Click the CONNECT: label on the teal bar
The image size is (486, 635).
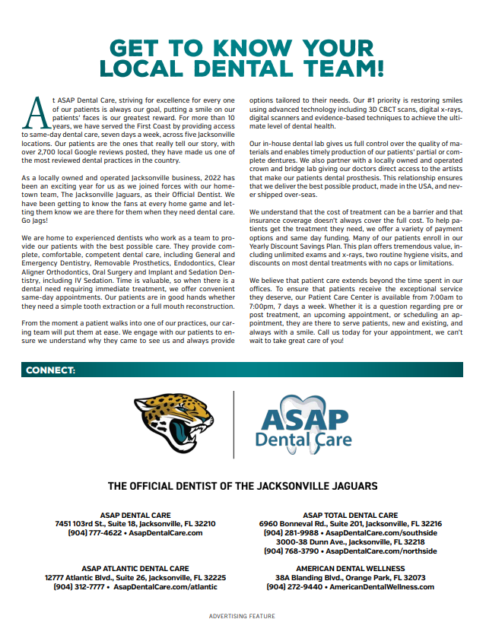click(50, 370)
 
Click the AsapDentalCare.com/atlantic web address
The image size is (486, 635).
click(165, 587)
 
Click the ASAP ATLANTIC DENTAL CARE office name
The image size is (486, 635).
click(135, 568)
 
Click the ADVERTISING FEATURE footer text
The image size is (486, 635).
click(243, 616)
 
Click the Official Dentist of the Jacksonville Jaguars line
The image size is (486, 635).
click(243, 486)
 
